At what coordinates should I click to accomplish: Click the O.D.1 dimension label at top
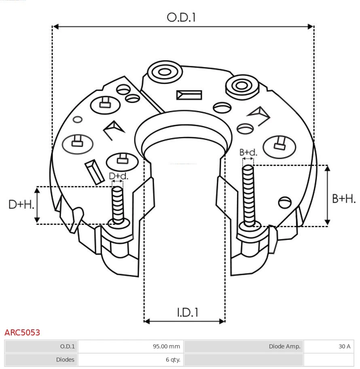pos(181,17)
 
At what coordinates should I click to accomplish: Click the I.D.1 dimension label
pos(187,312)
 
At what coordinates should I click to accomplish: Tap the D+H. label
pos(21,205)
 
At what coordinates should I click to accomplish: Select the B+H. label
pos(344,198)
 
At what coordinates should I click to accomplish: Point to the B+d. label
pos(248,152)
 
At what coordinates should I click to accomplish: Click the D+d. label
pos(118,176)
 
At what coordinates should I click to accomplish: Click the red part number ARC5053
pos(22,333)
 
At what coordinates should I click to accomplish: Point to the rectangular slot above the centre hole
pos(189,95)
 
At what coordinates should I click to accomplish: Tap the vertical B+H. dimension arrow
pos(328,195)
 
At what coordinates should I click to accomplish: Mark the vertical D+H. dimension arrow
pos(37,205)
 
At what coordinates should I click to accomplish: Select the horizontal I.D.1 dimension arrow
pos(184,321)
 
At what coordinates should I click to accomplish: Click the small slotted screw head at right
pos(285,202)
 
